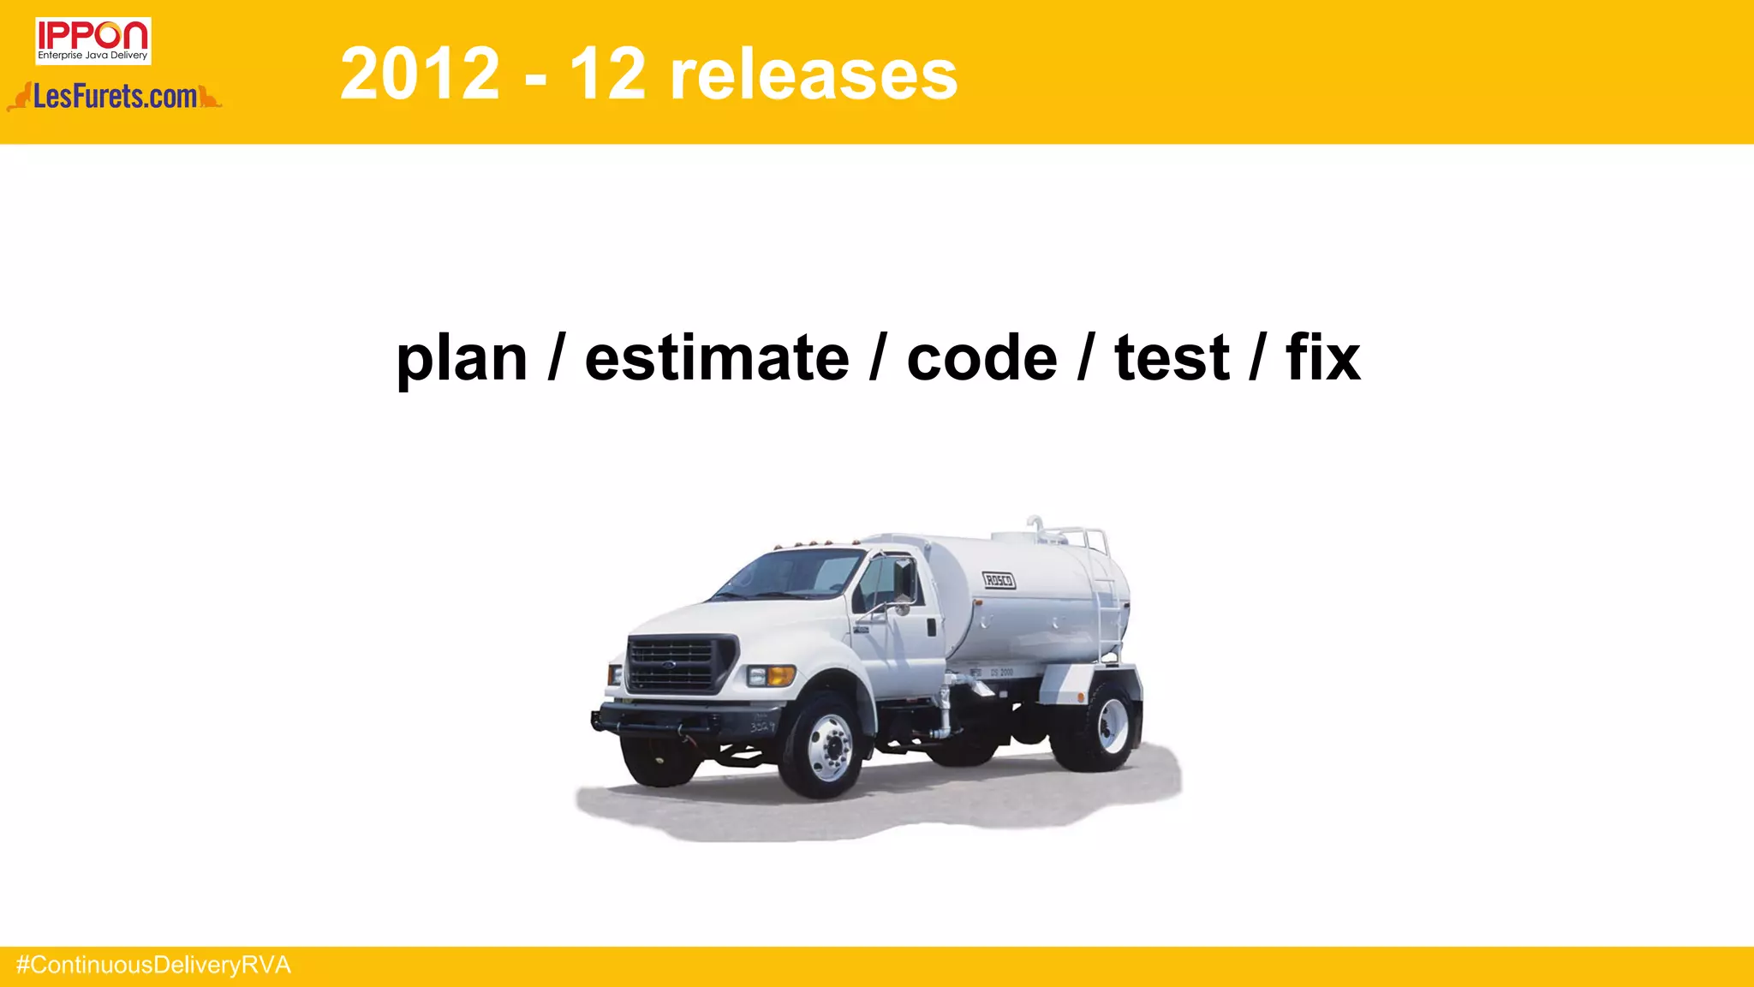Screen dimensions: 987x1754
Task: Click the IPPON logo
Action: coord(92,40)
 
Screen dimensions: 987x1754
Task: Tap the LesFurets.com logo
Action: coord(115,97)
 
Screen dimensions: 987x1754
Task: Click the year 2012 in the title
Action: coord(420,74)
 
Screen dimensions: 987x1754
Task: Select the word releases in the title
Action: coord(813,74)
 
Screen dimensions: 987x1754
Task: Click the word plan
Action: coord(462,358)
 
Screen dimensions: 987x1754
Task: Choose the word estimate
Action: coord(717,358)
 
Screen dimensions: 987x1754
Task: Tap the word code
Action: coord(981,358)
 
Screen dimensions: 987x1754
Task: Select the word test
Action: coord(1172,358)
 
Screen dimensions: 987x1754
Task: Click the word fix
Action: coord(1322,358)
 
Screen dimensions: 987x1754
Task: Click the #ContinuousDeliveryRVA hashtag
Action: coord(154,966)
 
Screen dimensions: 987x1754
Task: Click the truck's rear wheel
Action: coord(1110,726)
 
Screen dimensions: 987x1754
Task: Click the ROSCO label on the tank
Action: coord(999,580)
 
